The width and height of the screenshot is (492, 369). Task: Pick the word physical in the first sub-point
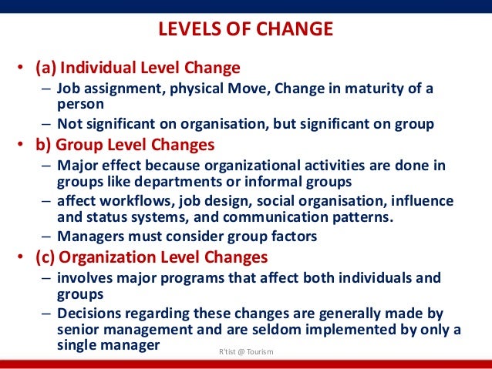click(x=190, y=89)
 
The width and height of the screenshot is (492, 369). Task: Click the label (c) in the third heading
click(x=45, y=257)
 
